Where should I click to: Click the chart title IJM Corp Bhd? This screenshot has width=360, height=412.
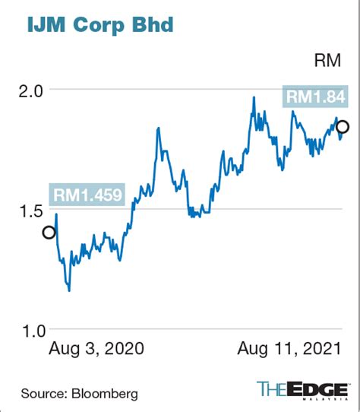click(100, 25)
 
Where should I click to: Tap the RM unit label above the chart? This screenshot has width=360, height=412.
click(327, 61)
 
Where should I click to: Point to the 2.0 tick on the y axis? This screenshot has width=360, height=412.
click(30, 92)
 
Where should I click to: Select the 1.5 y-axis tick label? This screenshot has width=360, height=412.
click(31, 211)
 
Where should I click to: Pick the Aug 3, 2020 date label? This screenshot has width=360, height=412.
click(96, 349)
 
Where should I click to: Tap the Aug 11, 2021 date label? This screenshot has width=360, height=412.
click(289, 349)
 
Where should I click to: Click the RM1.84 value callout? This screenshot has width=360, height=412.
click(315, 97)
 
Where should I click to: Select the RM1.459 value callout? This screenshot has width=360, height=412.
click(87, 195)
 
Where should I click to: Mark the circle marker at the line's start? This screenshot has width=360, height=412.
click(49, 233)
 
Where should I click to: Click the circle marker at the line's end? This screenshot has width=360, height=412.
click(343, 127)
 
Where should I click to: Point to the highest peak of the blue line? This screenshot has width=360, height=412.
click(254, 97)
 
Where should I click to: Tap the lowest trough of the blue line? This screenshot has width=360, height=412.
click(69, 290)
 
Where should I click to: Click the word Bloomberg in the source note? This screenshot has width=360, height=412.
click(105, 394)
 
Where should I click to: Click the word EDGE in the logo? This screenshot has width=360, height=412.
click(317, 389)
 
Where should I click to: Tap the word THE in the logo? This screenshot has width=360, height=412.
click(272, 389)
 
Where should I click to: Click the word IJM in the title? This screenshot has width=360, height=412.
click(46, 24)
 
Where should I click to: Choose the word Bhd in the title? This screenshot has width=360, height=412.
click(153, 24)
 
